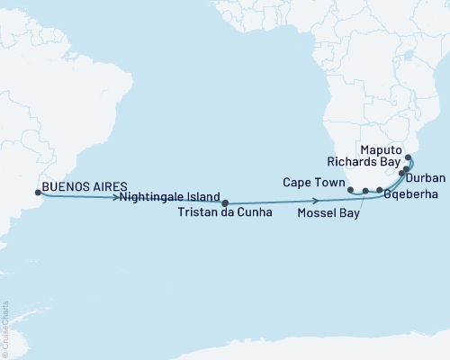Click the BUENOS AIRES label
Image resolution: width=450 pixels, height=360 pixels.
pos(77,191)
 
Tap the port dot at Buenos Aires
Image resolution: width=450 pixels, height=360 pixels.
pos(37,192)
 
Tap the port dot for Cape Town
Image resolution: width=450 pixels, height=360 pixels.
pos(350,190)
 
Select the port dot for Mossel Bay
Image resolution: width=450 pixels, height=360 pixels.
pos(365,192)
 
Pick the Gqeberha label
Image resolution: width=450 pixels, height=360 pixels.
pos(409,193)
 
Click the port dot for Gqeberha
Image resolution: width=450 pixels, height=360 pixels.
pos(380,191)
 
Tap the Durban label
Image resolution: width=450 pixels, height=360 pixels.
pos(425,178)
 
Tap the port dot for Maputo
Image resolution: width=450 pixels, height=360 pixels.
pos(409,157)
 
